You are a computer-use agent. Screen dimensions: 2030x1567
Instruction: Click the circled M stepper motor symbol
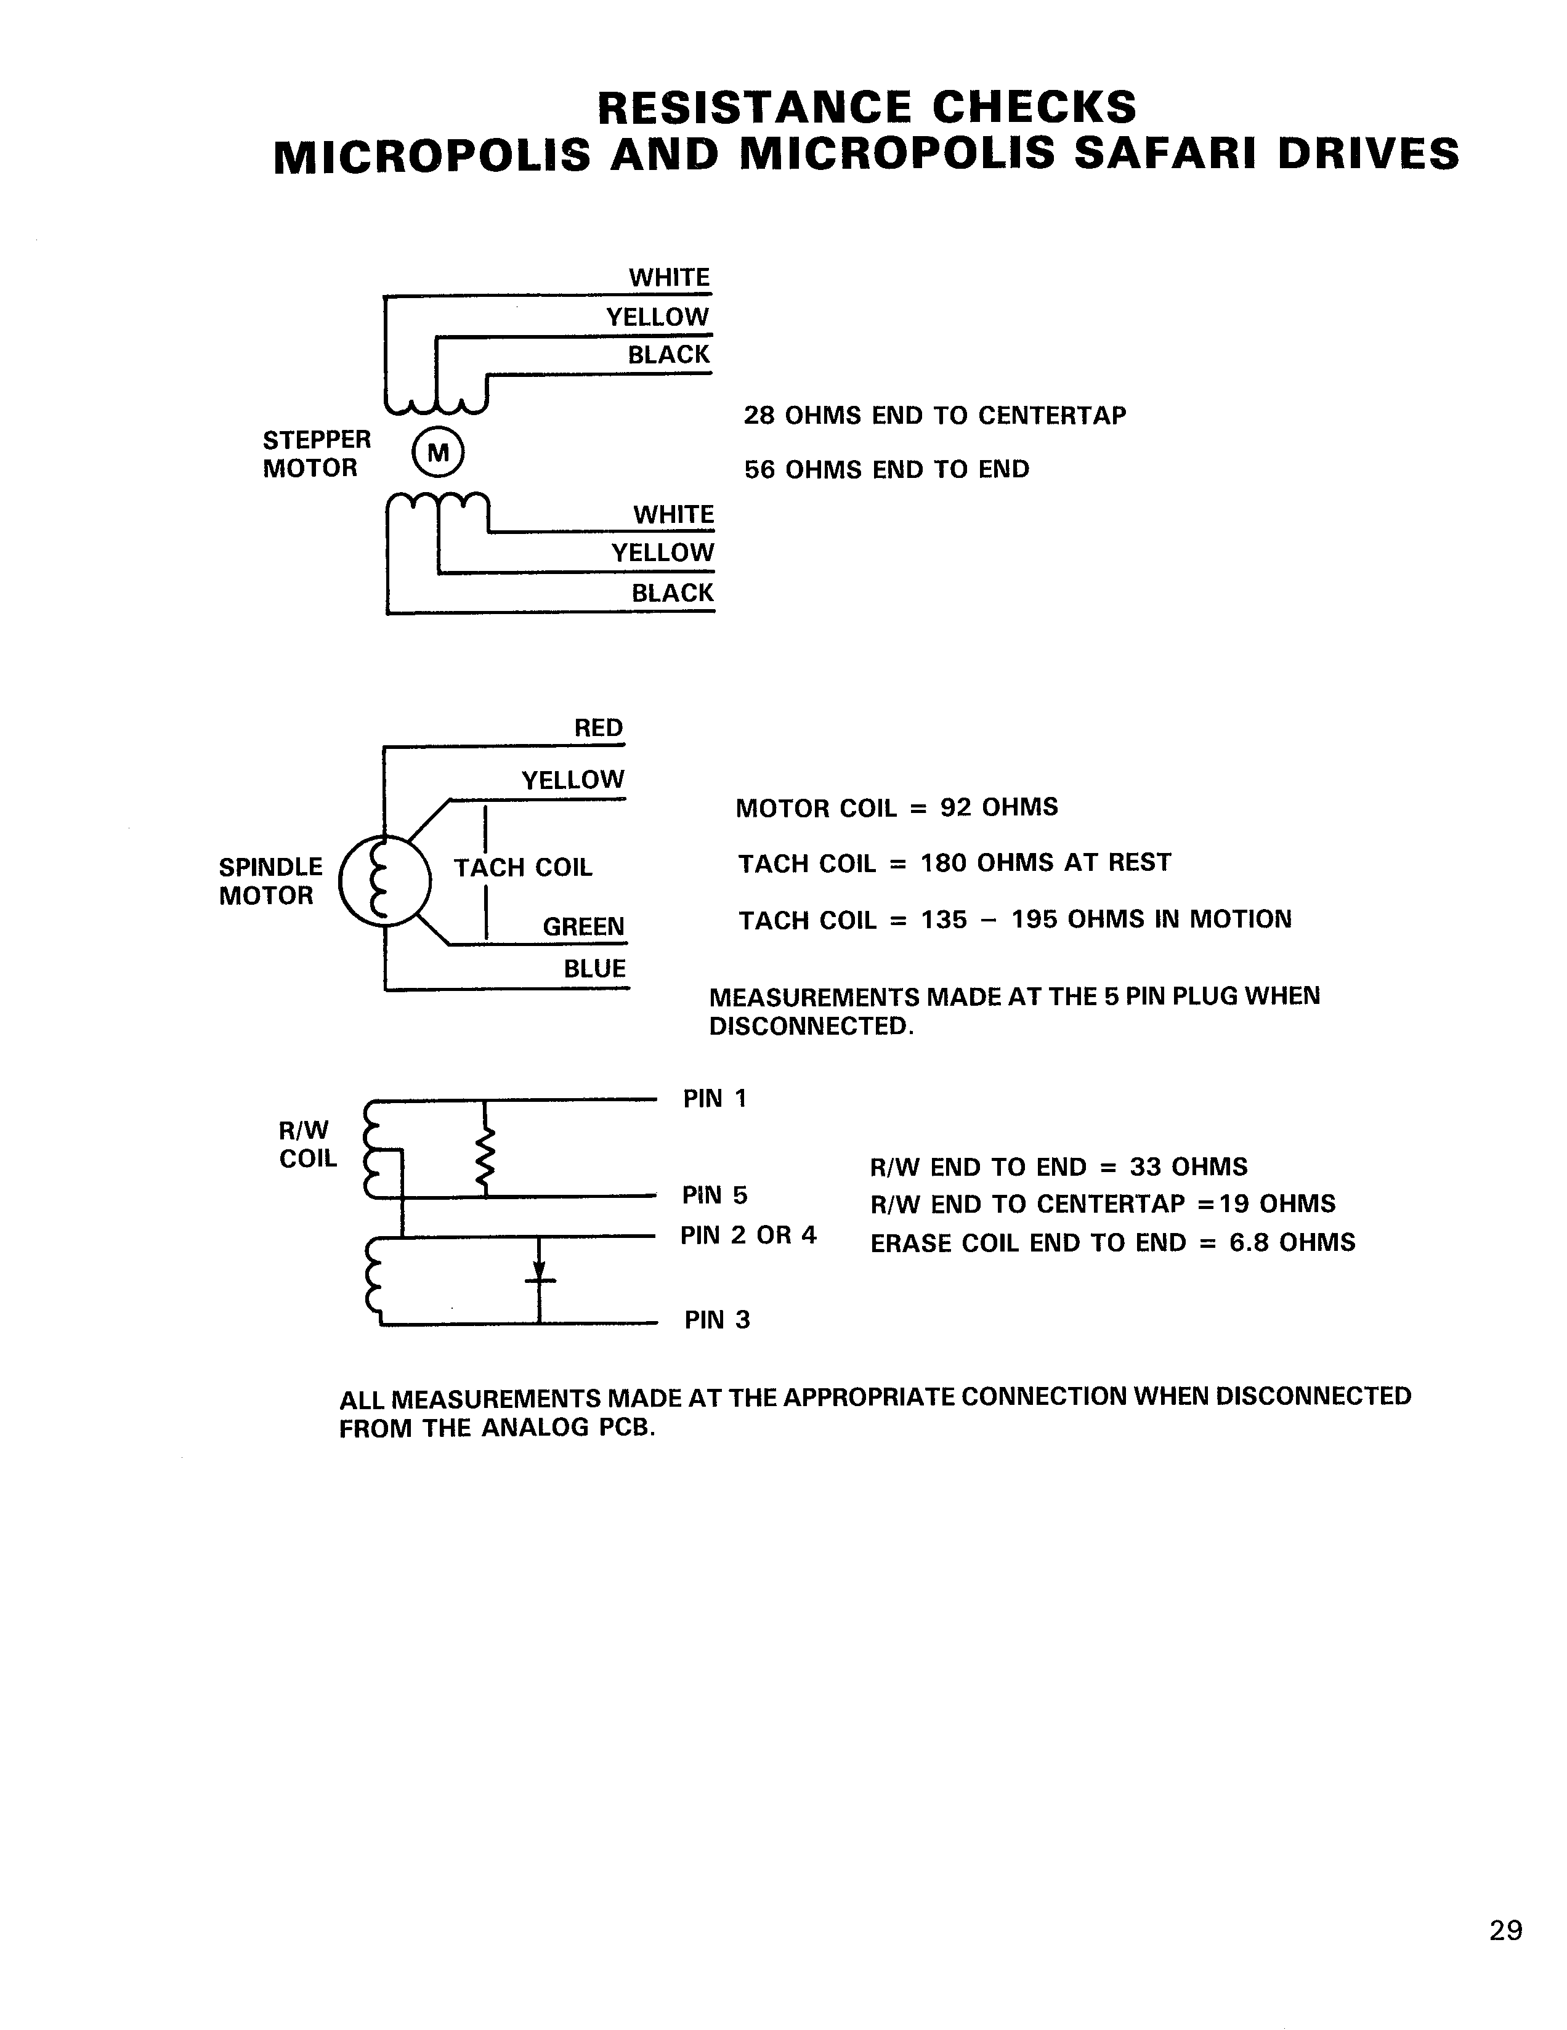(x=437, y=453)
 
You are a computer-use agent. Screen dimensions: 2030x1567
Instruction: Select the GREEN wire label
(x=584, y=927)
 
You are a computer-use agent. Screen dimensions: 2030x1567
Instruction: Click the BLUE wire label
(x=595, y=969)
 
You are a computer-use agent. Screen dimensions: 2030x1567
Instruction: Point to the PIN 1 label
(x=715, y=1099)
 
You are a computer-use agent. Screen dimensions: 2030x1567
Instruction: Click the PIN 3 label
(x=716, y=1320)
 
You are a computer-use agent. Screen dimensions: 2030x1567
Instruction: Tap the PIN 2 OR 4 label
(x=748, y=1235)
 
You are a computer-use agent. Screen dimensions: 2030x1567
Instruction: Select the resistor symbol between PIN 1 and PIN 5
(x=484, y=1159)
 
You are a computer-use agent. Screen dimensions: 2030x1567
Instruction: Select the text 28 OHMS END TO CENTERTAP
(x=934, y=416)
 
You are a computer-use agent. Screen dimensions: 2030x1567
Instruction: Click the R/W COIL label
(x=307, y=1144)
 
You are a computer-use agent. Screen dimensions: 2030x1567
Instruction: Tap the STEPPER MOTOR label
(x=315, y=453)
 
